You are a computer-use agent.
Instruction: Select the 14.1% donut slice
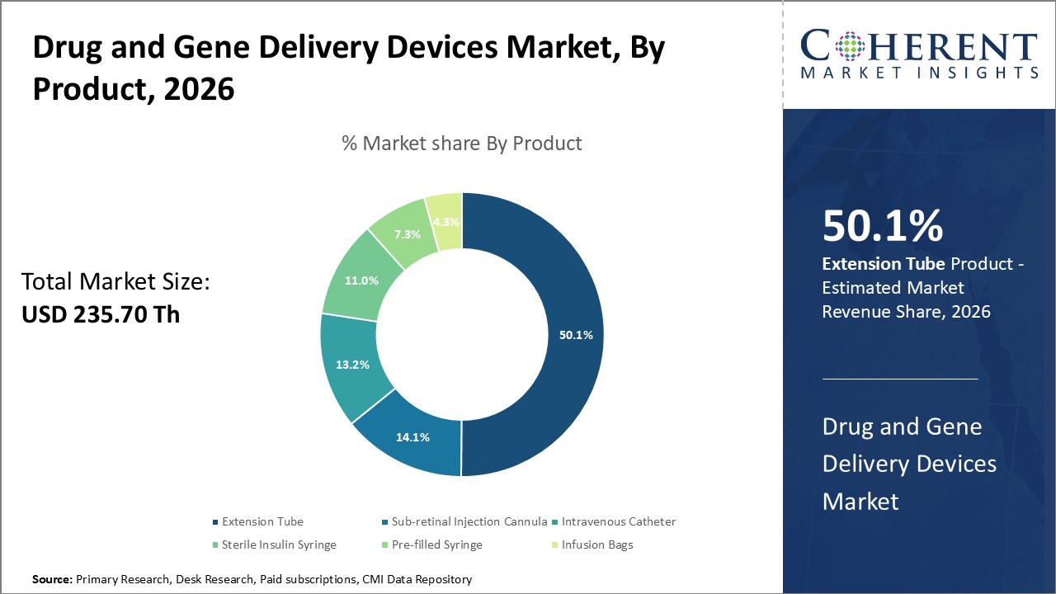click(x=412, y=437)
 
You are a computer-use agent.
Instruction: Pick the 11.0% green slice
click(x=361, y=280)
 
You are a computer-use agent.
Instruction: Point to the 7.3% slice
click(x=406, y=233)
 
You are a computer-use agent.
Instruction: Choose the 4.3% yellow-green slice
click(x=445, y=221)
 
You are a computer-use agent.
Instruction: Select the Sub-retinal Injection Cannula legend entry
click(x=469, y=521)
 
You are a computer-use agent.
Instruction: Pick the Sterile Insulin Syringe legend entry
click(x=279, y=544)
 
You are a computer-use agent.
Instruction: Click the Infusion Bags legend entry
click(x=596, y=544)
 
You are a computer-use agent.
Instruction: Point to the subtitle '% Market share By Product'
click(x=462, y=143)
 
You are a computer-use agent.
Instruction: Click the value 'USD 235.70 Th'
click(x=100, y=314)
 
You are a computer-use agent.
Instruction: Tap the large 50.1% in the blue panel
click(x=882, y=225)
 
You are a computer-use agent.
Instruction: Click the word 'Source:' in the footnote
click(x=52, y=580)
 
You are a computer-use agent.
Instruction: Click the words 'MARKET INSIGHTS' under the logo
click(x=919, y=73)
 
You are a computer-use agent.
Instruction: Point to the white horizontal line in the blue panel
click(x=900, y=379)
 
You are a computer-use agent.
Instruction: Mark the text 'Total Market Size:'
click(x=115, y=282)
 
